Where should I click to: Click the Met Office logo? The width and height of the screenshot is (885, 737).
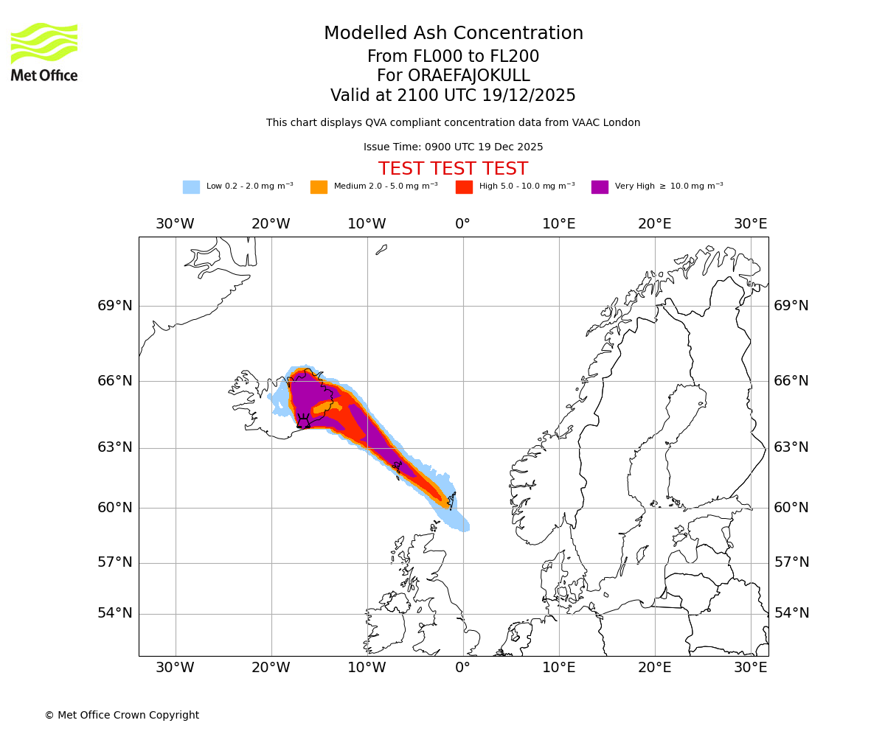tap(44, 52)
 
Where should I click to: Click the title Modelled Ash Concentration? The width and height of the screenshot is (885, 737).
tap(453, 34)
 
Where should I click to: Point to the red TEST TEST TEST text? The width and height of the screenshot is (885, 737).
tap(453, 169)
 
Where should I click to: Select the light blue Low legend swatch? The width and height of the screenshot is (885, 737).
tap(191, 187)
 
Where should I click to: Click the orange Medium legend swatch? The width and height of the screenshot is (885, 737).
tap(319, 187)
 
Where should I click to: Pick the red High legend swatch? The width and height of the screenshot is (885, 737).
tap(464, 187)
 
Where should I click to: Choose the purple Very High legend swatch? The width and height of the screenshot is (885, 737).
tap(600, 187)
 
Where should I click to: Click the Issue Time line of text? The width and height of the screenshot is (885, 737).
tap(453, 147)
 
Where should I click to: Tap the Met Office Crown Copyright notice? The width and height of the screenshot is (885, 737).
tap(122, 715)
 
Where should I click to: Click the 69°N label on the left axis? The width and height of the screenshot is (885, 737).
tap(115, 306)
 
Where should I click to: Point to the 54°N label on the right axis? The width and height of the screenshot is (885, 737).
tap(791, 613)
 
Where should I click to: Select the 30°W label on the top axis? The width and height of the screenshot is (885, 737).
tap(175, 224)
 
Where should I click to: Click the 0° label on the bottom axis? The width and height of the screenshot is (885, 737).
tap(462, 668)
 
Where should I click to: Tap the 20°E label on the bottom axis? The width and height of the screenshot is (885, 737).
tap(655, 668)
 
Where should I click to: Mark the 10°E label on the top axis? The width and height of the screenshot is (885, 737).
tap(559, 224)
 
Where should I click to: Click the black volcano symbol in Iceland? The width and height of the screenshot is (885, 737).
tap(303, 422)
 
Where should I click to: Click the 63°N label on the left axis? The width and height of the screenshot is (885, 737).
tap(115, 447)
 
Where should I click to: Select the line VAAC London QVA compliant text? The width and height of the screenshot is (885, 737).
tap(453, 123)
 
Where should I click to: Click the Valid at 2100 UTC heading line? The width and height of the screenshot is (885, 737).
tap(453, 96)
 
